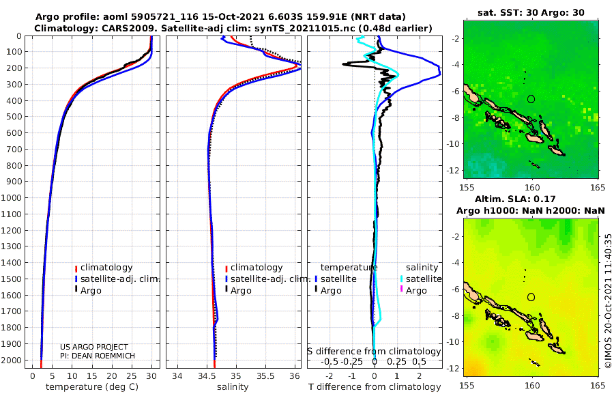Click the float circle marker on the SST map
[531, 99]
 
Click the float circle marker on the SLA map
[531, 297]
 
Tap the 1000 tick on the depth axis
[12, 197]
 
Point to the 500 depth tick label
[14, 117]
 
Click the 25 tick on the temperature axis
[132, 376]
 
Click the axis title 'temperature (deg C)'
[92, 386]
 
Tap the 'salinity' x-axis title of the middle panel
[233, 386]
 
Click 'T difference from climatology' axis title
[375, 386]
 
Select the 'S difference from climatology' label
[374, 351]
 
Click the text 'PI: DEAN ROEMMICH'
[98, 356]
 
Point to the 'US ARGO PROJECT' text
[94, 347]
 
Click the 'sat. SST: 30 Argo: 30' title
[531, 12]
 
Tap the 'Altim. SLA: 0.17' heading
[515, 199]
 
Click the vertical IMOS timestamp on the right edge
[608, 300]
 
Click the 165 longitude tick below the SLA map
[598, 385]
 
